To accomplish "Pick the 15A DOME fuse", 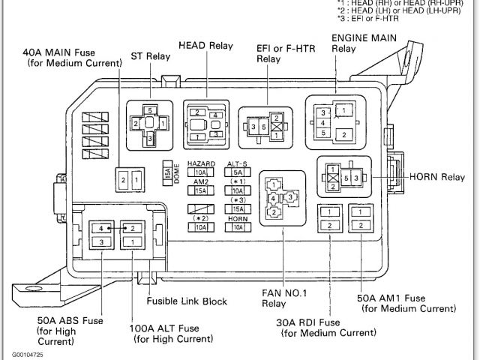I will point(167,173).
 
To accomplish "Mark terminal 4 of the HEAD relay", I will point(215,115).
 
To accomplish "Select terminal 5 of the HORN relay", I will point(344,178).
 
